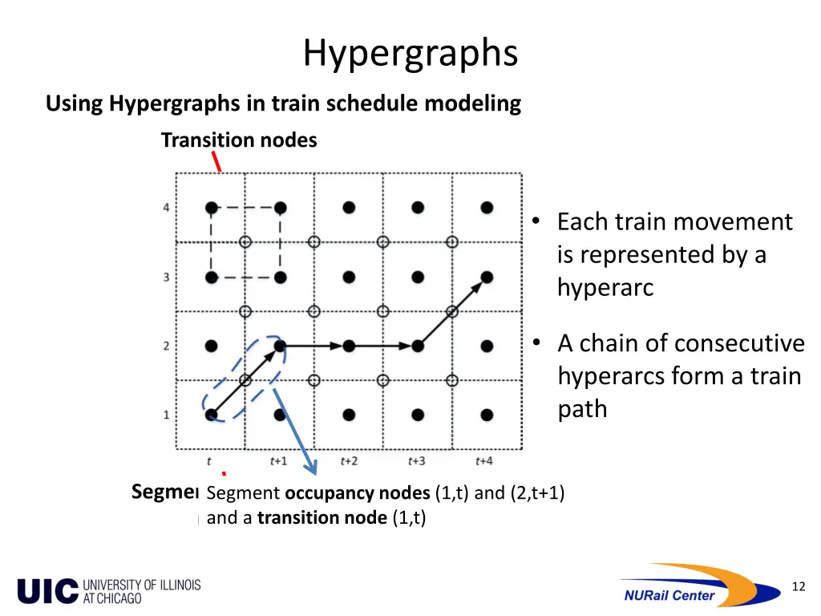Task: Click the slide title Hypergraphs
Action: [x=410, y=54]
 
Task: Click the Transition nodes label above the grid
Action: [x=239, y=140]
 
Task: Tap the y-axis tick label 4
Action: [x=166, y=208]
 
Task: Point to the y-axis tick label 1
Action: [x=166, y=415]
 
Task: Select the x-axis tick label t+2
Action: [x=348, y=461]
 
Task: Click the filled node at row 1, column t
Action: [x=211, y=415]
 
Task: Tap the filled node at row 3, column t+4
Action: [x=487, y=277]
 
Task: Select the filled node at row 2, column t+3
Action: [x=418, y=346]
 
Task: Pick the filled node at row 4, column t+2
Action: [x=349, y=208]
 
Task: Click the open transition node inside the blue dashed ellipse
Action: [x=245, y=380]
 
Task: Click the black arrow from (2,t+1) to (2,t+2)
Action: [x=314, y=346]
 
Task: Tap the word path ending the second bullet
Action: [x=582, y=409]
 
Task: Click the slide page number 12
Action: [x=798, y=587]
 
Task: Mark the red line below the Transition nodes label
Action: [x=216, y=163]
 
